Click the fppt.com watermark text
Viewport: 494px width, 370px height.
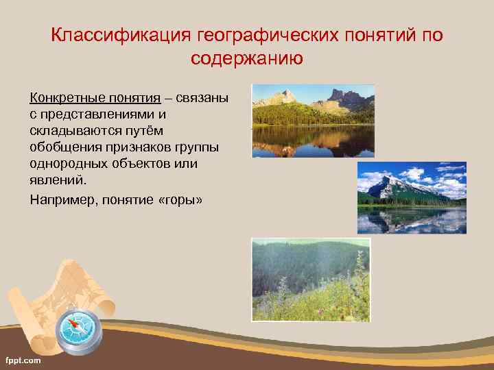tap(23, 360)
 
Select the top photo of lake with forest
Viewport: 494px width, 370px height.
tap(313, 121)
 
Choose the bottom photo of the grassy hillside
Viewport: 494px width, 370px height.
tap(311, 280)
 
